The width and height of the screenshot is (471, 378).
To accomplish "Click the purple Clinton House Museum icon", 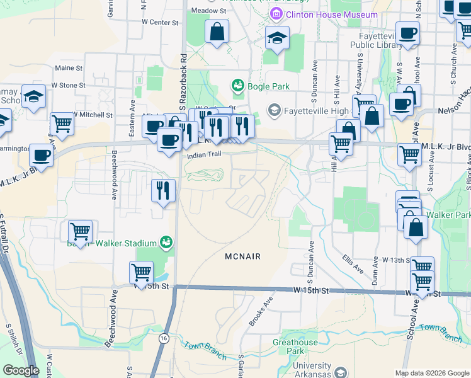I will point(275,14).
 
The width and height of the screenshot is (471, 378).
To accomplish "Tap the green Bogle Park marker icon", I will point(237,84).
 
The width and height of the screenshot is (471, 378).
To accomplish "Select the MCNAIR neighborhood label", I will point(242,256).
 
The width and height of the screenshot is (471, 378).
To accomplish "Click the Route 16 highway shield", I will point(164,338).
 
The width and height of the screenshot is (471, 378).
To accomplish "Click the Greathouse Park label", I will point(295,346).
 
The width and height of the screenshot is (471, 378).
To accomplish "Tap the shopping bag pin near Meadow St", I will point(217,33).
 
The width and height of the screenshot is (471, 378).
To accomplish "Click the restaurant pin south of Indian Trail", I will point(163,190).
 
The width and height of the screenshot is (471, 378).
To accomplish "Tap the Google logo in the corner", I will point(21,370).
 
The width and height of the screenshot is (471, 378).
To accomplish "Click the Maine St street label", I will point(69,68).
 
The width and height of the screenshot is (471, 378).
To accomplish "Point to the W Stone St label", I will point(68,84).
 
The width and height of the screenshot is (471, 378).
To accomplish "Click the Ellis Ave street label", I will point(353,263).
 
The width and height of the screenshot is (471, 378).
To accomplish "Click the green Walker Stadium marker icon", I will point(166,242).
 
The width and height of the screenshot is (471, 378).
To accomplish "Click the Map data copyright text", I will point(431,373).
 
